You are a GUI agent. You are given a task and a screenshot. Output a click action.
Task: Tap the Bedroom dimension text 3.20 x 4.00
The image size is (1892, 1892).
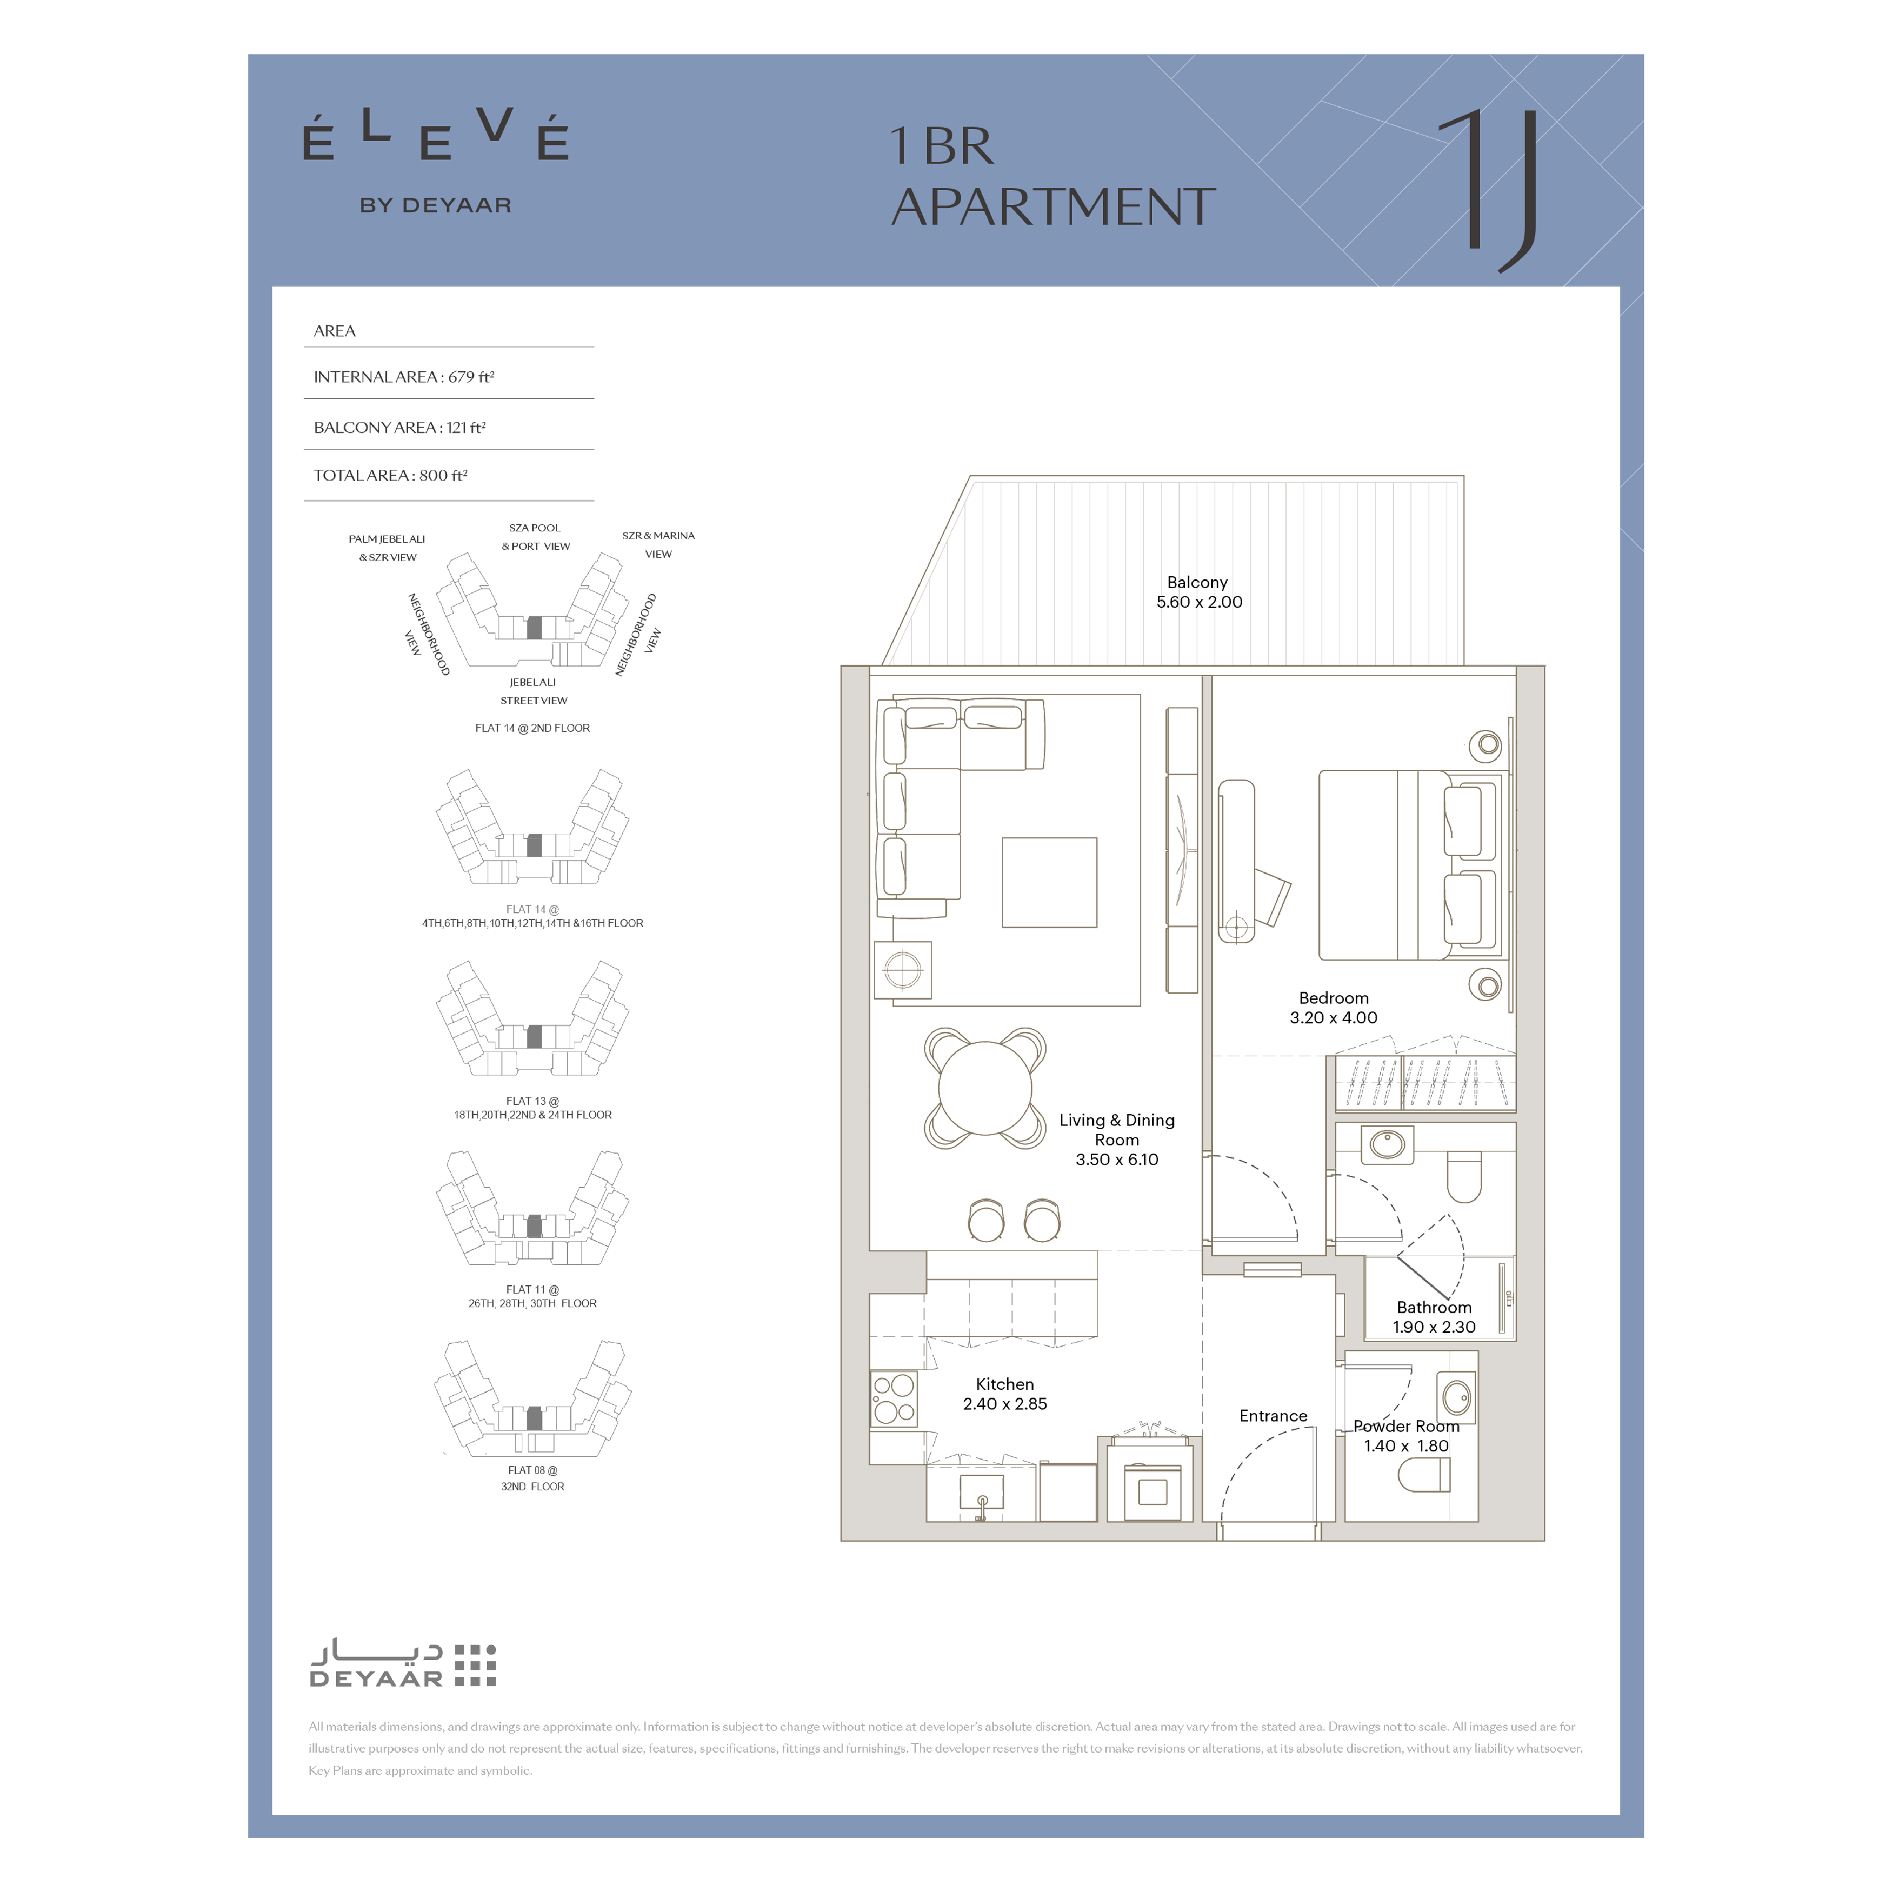coord(1333,1017)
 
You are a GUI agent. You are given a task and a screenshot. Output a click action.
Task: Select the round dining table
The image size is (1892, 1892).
coord(985,1088)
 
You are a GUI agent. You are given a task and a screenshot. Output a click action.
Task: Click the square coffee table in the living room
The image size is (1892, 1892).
coord(1049,882)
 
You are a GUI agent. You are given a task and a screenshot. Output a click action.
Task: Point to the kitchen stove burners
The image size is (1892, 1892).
coord(894,1398)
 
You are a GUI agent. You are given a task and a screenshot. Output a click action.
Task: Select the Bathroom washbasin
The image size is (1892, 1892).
coord(1387,1144)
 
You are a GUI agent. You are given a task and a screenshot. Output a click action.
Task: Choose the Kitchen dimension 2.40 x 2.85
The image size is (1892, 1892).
coord(1005,1403)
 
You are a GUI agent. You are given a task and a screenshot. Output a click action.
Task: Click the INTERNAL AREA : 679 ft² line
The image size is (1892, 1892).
coord(403,377)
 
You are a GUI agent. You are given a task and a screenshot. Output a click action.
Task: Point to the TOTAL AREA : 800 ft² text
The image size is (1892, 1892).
coord(390,476)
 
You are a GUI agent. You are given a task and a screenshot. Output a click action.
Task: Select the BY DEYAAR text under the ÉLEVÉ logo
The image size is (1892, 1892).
coord(435,205)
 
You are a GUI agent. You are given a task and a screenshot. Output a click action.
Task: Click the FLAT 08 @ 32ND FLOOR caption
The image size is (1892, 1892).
coord(533,1478)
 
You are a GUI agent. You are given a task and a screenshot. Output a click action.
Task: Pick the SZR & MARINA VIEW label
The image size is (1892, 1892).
coord(658,544)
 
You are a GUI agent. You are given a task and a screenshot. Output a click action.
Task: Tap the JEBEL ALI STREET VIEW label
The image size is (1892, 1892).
coord(534,691)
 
